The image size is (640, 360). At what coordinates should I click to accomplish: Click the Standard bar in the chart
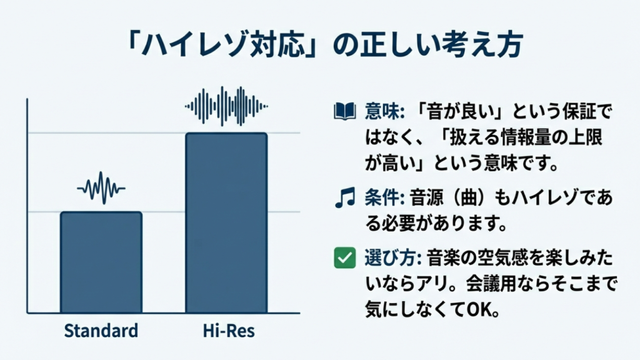tap(101, 262)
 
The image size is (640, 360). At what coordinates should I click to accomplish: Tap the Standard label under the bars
tap(101, 330)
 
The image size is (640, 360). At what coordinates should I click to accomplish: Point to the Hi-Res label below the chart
tap(226, 330)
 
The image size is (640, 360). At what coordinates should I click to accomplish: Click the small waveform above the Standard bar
tap(101, 187)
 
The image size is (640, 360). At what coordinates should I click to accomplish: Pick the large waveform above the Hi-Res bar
tap(226, 106)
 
